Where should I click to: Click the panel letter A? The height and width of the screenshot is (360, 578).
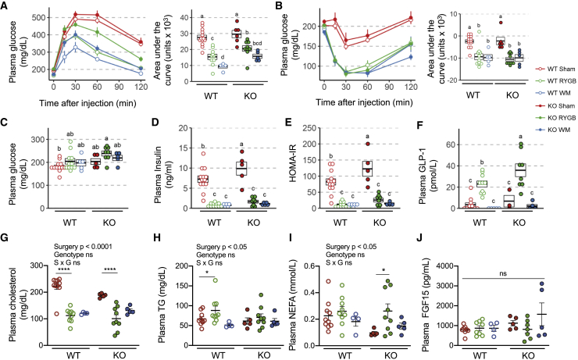pyautogui.click(x=5, y=6)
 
